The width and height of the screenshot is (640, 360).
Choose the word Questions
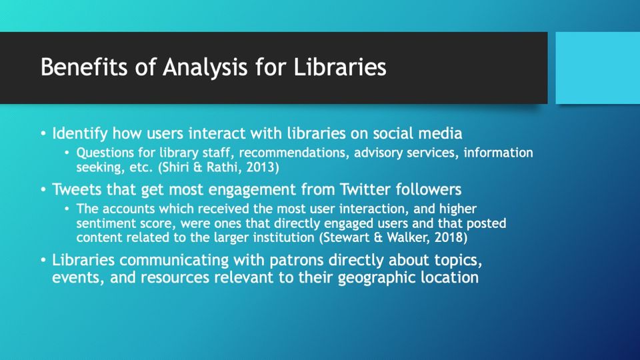point(106,153)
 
